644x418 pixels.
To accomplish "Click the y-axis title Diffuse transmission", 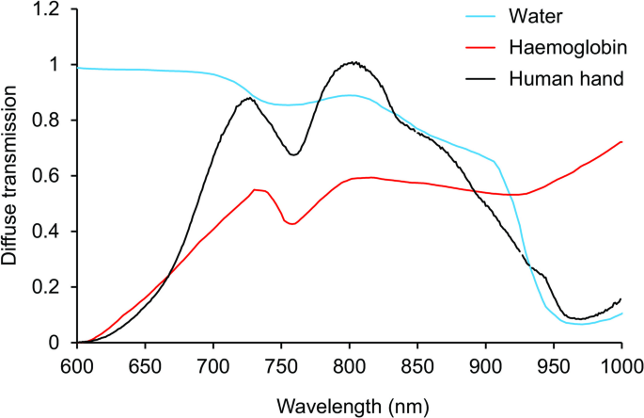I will point(11,175).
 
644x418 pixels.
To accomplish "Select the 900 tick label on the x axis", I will point(485,365).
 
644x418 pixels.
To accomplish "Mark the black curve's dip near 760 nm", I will point(293,154).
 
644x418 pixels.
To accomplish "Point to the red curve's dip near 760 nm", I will point(293,224).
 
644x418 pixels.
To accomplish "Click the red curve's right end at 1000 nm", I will point(621,142).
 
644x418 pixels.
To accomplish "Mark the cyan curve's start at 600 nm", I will point(77,68).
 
